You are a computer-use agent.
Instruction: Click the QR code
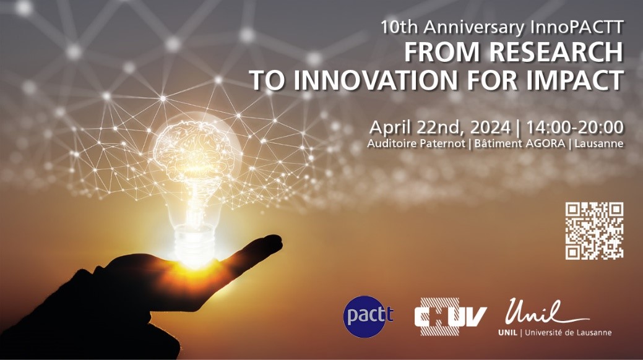[x=594, y=231]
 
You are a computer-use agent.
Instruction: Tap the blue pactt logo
[x=368, y=316]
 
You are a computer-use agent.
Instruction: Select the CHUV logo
[x=451, y=317]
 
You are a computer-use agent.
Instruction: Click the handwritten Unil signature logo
[x=547, y=312]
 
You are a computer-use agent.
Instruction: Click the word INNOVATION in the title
[x=375, y=80]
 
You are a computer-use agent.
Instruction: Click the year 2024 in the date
[x=490, y=127]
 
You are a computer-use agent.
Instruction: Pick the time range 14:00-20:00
[x=575, y=127]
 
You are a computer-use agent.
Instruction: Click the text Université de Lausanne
[x=568, y=333]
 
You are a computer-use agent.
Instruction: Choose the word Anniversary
[x=474, y=27]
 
